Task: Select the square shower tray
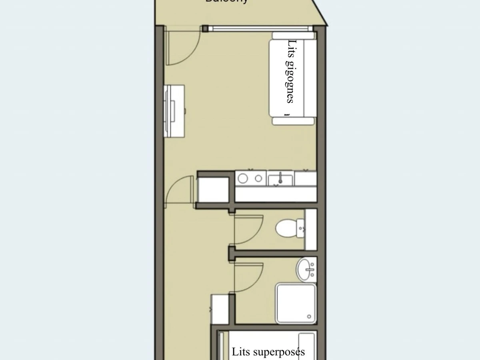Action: [x=296, y=303]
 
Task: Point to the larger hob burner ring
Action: [x=243, y=178]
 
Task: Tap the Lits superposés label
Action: [x=268, y=352]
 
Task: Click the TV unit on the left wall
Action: [x=174, y=111]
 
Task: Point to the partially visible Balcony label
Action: [x=226, y=1]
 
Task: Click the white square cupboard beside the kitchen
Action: [x=213, y=189]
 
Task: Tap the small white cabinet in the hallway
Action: [x=220, y=309]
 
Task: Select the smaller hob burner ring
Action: [x=258, y=178]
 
